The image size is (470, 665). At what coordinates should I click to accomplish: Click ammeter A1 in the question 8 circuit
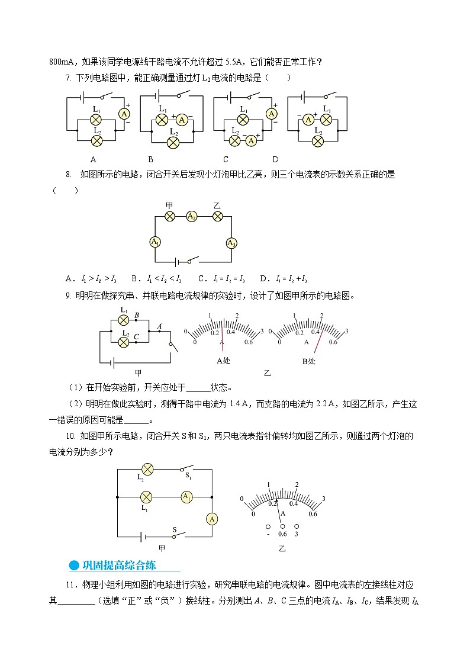(x=156, y=242)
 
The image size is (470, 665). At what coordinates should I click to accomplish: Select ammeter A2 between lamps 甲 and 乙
(x=192, y=217)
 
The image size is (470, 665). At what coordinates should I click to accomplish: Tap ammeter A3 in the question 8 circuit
(x=231, y=243)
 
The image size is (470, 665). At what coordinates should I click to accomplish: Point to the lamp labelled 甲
(x=169, y=217)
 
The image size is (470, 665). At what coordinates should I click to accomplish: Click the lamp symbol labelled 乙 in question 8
(x=217, y=217)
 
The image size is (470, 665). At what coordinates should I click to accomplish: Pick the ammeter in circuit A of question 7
(x=125, y=114)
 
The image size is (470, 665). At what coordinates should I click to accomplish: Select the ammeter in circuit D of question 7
(x=308, y=119)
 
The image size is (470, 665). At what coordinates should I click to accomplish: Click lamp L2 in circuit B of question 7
(x=173, y=142)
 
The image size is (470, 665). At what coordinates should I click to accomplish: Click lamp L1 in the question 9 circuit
(x=124, y=320)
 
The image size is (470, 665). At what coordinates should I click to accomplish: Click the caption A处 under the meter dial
(x=224, y=361)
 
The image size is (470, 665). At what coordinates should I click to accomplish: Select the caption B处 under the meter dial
(x=309, y=361)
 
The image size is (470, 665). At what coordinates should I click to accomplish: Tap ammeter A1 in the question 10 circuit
(x=186, y=496)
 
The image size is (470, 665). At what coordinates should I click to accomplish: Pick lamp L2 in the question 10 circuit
(x=147, y=469)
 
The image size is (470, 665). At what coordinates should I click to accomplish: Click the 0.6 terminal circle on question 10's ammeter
(x=282, y=525)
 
